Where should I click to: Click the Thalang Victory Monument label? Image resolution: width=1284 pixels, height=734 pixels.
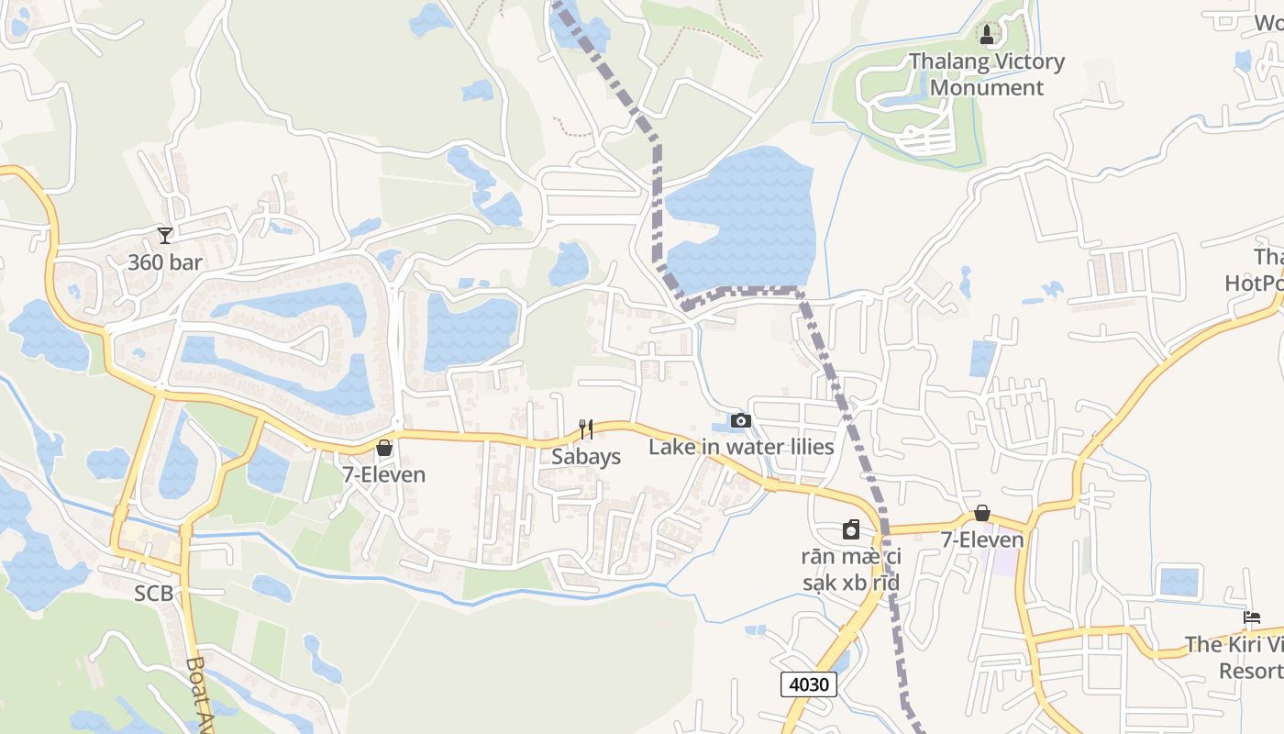(987, 75)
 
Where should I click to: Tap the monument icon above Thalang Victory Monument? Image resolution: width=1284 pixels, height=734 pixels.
(987, 36)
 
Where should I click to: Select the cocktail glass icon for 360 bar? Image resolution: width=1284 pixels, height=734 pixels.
(165, 236)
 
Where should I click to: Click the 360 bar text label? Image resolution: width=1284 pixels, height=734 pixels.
(165, 262)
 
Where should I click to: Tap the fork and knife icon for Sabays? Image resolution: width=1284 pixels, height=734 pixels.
(586, 428)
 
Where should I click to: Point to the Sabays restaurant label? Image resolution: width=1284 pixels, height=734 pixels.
(586, 457)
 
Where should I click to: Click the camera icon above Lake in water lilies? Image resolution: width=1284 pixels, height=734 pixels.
(741, 421)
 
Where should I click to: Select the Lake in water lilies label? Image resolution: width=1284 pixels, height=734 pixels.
(741, 447)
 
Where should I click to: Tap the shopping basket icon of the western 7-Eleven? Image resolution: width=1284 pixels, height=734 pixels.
(384, 448)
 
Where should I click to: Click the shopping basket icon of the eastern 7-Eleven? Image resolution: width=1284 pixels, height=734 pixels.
(982, 513)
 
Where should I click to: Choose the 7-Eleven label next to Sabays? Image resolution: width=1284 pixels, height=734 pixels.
(384, 474)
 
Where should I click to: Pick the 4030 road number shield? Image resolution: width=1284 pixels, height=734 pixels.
(809, 684)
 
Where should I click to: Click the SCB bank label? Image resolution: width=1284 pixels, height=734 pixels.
(154, 594)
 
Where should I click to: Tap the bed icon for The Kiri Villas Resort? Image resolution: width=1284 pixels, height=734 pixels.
(1252, 617)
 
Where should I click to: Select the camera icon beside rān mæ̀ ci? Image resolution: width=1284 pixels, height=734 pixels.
(852, 529)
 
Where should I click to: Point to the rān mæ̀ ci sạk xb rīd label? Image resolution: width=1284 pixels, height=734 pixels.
(851, 570)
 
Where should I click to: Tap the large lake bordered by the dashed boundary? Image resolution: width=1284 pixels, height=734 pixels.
(743, 220)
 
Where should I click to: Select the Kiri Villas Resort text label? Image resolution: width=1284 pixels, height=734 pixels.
(1234, 658)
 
